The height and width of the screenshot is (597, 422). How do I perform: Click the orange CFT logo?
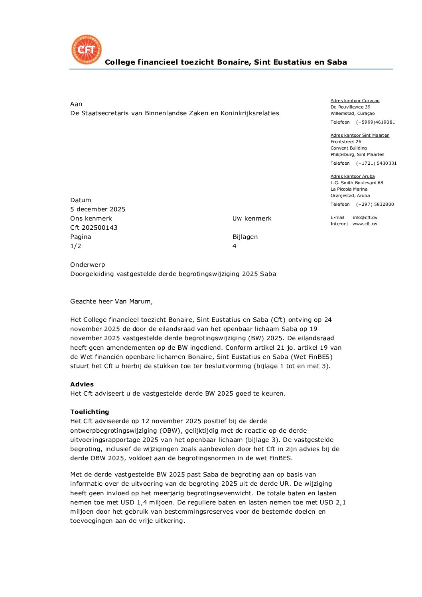87,49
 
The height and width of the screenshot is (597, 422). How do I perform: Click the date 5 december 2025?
98,209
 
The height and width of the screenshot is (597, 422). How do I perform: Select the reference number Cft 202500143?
94,228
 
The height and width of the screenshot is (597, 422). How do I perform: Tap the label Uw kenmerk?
252,219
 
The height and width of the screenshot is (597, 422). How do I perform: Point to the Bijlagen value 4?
235,246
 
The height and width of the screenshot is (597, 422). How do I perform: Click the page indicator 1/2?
76,246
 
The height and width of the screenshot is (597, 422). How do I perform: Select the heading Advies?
82,384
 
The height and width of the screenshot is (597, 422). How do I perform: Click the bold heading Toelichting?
89,412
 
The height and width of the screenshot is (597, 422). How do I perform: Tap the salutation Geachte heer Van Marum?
111,301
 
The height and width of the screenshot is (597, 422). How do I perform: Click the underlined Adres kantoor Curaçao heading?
355,101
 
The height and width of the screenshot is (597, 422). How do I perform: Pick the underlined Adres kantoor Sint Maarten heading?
360,136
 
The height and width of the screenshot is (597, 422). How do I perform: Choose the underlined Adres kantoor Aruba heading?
353,177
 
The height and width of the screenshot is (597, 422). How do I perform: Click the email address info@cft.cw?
365,218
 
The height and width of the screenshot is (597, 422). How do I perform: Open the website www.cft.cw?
365,224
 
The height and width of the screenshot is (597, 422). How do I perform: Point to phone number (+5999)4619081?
375,122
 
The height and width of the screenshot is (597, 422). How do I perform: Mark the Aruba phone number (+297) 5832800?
375,205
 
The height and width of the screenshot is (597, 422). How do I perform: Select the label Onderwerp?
87,265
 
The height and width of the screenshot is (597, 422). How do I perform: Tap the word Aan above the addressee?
76,104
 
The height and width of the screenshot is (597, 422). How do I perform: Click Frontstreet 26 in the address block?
346,142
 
